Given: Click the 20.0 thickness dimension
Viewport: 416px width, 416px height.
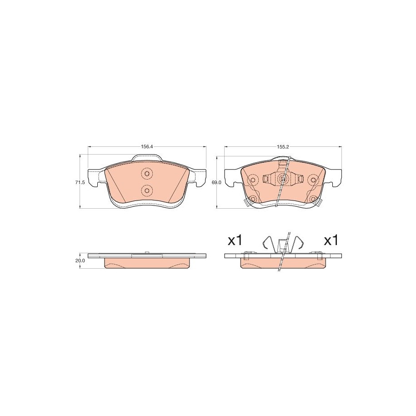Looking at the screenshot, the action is [x=80, y=261].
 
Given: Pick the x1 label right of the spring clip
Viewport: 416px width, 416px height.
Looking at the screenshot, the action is [x=331, y=241].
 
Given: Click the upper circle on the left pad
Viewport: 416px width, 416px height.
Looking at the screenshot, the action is [x=147, y=174].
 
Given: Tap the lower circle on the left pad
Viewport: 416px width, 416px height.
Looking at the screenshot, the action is [x=147, y=190].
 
